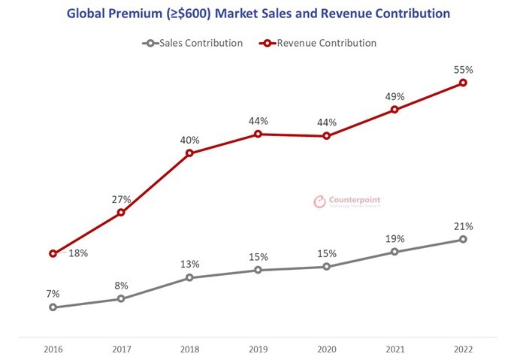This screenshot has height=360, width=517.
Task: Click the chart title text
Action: coord(258,14)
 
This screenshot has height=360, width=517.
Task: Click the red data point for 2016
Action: coord(53,253)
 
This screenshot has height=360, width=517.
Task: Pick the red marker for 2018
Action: coord(189,153)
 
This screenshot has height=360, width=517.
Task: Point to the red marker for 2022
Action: coord(463,83)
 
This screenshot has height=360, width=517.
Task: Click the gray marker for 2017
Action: coord(121,299)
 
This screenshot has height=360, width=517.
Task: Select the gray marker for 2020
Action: coord(326,267)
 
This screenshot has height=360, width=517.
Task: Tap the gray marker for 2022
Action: coord(463,239)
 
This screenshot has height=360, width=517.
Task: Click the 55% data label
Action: coord(463,70)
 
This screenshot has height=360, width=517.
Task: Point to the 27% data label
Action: coord(122,200)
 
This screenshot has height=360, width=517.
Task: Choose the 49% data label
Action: coord(395,97)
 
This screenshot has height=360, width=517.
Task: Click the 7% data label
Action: coord(53,294)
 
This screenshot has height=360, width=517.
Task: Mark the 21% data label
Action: coord(463,226)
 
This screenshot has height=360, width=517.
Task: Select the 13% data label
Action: coord(189,265)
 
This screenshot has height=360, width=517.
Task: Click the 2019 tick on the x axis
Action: coord(258,349)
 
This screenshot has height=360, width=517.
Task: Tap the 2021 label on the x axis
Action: coord(395,349)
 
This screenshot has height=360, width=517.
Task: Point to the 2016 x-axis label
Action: coord(53,349)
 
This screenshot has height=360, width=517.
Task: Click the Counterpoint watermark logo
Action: coord(346,201)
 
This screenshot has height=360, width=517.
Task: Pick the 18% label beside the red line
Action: coord(78,253)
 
